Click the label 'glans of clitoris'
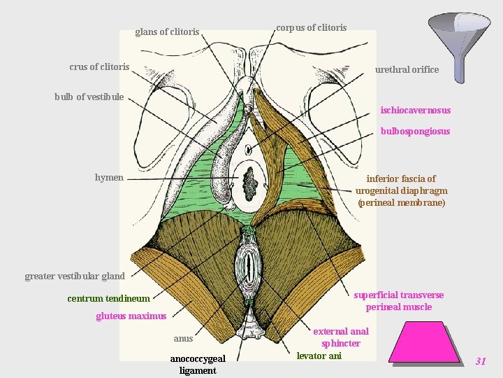pos(167,31)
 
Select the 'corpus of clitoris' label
pos(311,28)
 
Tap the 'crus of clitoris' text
pos(99,67)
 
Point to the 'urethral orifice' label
pos(407,69)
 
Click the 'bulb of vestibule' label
pos(89,97)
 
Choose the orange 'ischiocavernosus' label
pos(415,110)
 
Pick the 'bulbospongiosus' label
pos(415,131)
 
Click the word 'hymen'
pos(109,178)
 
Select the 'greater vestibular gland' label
pos(74,276)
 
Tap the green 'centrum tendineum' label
pos(108,299)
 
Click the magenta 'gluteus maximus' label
pos(131,316)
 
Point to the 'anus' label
pos(183,339)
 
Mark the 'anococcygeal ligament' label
pos(198,365)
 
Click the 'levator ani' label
pos(319,356)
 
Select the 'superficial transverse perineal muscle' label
pos(398,301)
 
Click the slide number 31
pos(480,361)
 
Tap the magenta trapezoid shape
pos(424,344)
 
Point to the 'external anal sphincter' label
pos(340,337)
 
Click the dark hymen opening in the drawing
pos(249,185)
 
